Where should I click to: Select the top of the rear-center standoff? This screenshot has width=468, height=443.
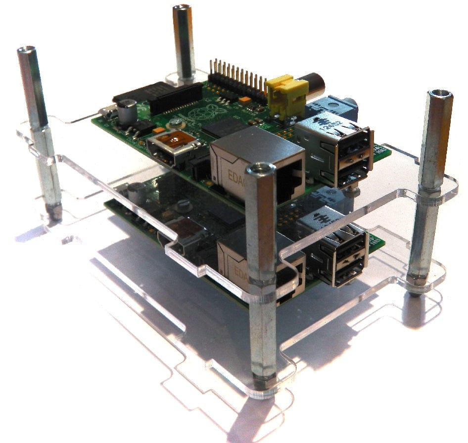[x=182, y=8]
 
